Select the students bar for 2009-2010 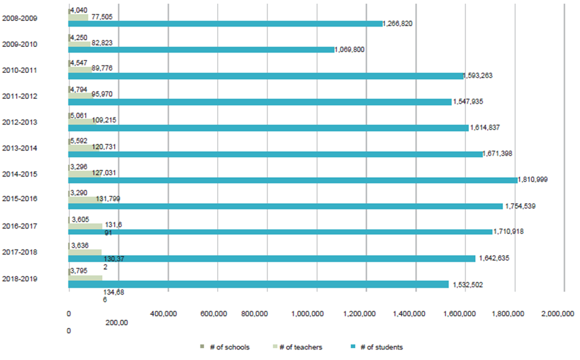(x=201, y=50)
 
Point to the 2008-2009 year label (x=20, y=18)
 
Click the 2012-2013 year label (x=20, y=122)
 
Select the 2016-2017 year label (x=20, y=226)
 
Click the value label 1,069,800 (x=349, y=49)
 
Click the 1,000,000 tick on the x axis (x=317, y=314)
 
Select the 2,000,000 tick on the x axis (x=558, y=314)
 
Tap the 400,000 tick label (x=164, y=314)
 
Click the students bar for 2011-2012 (x=260, y=102)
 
